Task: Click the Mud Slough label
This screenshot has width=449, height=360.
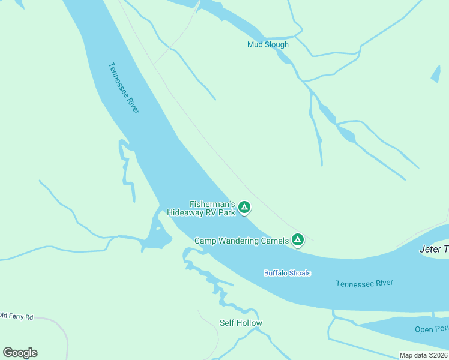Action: click(268, 44)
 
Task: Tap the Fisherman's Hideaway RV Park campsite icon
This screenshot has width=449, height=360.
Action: click(244, 208)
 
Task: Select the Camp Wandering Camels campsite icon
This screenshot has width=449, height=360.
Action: click(297, 240)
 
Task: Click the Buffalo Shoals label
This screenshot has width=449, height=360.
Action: click(288, 273)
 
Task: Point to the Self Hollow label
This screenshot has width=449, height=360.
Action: click(241, 323)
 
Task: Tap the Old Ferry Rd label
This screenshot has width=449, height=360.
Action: click(16, 316)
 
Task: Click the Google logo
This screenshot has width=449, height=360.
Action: click(20, 353)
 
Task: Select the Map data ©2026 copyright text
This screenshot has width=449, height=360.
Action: click(423, 355)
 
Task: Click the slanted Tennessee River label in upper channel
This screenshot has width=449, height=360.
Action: click(124, 88)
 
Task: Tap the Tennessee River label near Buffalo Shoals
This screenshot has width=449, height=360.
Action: click(364, 283)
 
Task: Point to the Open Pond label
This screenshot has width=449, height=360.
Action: click(432, 329)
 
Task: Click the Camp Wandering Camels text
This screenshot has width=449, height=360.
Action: click(241, 241)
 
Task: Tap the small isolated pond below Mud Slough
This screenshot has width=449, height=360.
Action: click(435, 74)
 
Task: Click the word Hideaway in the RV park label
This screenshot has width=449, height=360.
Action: click(187, 212)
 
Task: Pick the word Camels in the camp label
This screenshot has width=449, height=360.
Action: click(274, 241)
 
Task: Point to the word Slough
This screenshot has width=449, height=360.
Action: click(277, 44)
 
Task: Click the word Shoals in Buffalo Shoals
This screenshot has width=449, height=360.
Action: click(300, 273)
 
